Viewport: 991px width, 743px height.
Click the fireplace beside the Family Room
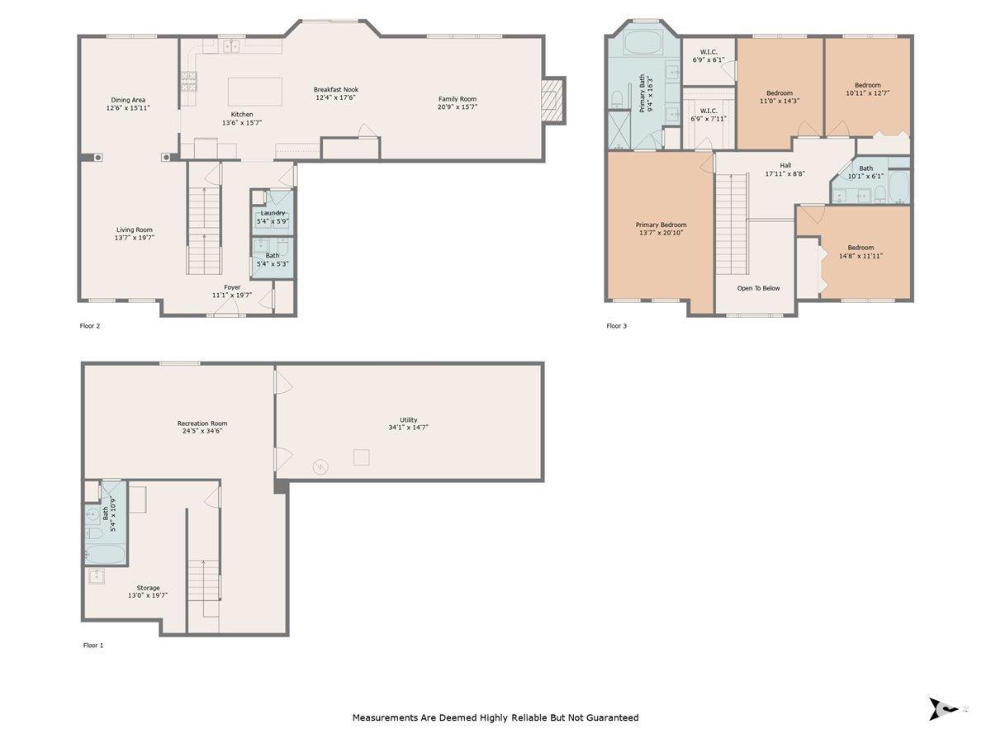(x=553, y=100)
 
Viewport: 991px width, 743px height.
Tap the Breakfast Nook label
(x=336, y=89)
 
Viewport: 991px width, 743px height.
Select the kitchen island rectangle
(x=254, y=92)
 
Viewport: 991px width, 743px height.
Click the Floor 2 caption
(x=90, y=326)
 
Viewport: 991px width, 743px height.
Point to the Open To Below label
(x=758, y=288)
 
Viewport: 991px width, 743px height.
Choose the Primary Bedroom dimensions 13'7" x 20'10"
(x=661, y=233)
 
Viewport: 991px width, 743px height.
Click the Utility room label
(x=409, y=419)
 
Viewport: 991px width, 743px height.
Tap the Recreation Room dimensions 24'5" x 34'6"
(x=202, y=431)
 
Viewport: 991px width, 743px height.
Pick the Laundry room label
(x=273, y=213)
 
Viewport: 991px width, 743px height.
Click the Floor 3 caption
(x=617, y=326)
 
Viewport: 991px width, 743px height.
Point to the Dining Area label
(x=128, y=100)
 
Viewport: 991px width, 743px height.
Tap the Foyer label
(x=233, y=287)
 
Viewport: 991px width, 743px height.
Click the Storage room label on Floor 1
(x=148, y=588)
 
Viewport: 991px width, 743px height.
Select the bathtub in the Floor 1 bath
(x=105, y=553)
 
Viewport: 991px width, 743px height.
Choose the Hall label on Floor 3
(x=785, y=166)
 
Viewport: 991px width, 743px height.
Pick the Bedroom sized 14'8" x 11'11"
(x=861, y=252)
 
